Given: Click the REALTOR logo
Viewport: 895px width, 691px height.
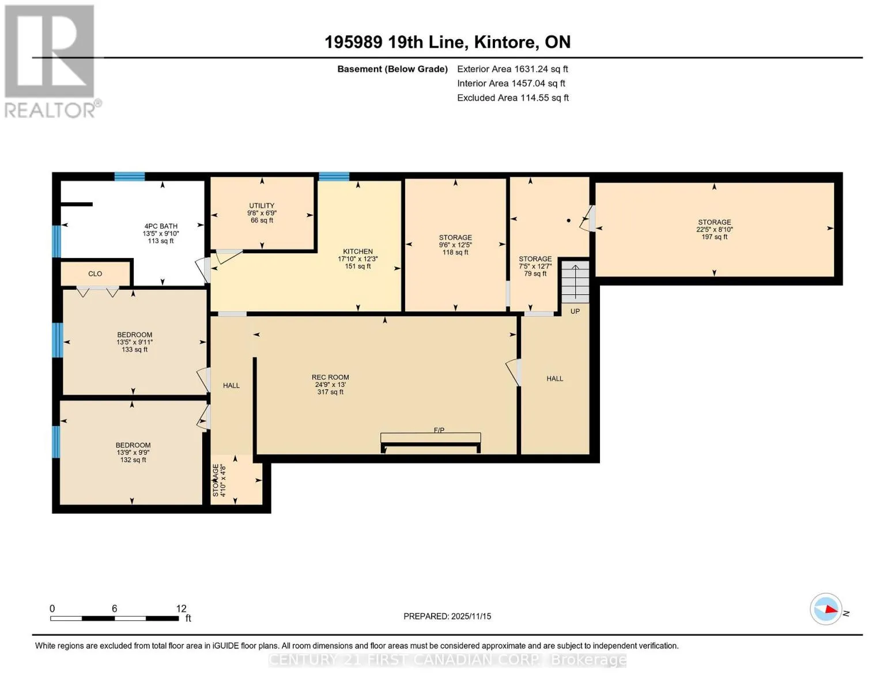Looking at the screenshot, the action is coord(52,62).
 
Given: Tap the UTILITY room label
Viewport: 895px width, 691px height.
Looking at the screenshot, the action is coord(262,206).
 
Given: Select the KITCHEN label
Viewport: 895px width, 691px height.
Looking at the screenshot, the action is coord(358,252).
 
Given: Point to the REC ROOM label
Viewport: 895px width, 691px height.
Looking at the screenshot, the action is coord(330,377).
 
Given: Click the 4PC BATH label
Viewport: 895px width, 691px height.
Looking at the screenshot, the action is coord(161,226).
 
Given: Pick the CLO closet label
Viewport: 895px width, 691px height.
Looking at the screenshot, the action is coord(95,274).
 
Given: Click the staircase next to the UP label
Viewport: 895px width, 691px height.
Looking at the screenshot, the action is coord(575,282).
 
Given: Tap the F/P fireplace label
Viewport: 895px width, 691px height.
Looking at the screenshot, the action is coord(439,430).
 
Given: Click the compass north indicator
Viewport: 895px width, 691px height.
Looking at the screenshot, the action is coord(826,609).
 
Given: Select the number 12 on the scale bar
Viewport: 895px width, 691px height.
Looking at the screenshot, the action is coord(181,608).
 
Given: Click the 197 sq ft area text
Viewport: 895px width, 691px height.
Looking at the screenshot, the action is coord(715,237).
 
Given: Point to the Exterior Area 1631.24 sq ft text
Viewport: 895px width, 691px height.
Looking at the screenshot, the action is coord(512,69).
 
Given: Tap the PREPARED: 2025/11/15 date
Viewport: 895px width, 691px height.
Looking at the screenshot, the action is coord(447,616).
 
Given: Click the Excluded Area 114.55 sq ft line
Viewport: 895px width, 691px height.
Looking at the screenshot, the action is coord(513,97).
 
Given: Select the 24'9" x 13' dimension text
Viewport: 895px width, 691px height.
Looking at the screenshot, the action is coord(330,385).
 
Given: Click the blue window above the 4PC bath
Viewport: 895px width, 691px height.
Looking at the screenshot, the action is coord(129,177).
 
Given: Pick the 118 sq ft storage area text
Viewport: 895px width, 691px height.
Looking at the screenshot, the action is coord(455,252).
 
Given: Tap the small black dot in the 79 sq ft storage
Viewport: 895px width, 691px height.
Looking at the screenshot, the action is coord(569,221).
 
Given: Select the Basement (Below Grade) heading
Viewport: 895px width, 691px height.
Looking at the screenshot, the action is coord(392,69).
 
